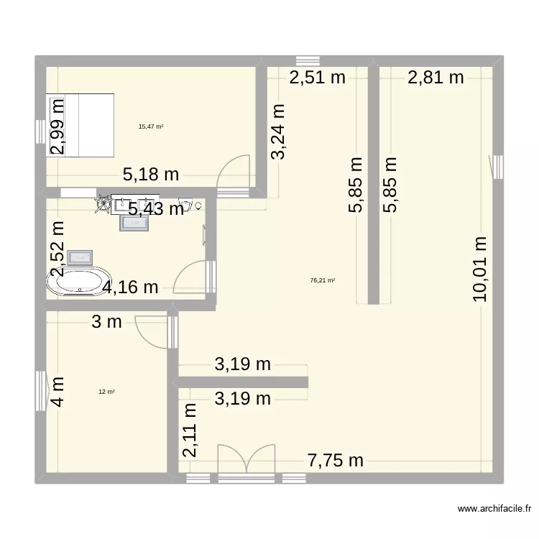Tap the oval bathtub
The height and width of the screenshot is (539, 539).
79,282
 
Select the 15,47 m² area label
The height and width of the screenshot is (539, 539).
151,126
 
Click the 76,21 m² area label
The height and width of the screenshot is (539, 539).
323,281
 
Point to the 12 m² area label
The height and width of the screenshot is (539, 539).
107,392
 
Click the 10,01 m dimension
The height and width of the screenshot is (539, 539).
479,268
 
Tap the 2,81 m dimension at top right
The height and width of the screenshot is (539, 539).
436,78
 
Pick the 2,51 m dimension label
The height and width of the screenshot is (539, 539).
318,78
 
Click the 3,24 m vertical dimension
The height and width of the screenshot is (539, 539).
278,131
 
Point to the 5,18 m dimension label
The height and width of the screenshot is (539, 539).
151,173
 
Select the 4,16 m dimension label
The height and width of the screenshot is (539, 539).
130,288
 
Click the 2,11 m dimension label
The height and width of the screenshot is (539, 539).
189,430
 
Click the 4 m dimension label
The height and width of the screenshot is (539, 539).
57,392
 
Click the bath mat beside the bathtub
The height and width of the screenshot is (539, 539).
79,257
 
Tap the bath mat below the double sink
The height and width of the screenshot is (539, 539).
135,224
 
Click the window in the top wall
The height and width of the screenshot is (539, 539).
308,60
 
